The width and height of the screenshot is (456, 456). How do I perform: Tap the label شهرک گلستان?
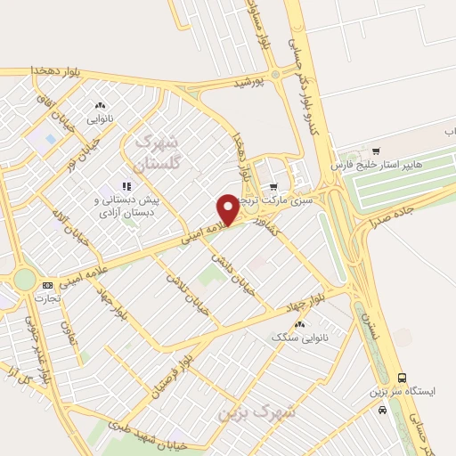pyautogui.click(x=156, y=152)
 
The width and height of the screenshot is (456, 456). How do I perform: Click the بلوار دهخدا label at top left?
pyautogui.click(x=31, y=69)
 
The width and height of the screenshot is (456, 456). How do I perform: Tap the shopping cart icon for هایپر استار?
pyautogui.click(x=377, y=151)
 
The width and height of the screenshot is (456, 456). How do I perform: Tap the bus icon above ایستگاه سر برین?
pyautogui.click(x=402, y=378)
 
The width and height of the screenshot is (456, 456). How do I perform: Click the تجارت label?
pyautogui.click(x=46, y=297)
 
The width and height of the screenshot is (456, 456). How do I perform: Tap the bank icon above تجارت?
pyautogui.click(x=46, y=284)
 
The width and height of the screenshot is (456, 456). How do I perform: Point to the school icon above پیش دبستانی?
pyautogui.click(x=126, y=186)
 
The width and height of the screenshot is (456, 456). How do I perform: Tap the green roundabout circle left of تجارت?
pyautogui.click(x=24, y=280)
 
